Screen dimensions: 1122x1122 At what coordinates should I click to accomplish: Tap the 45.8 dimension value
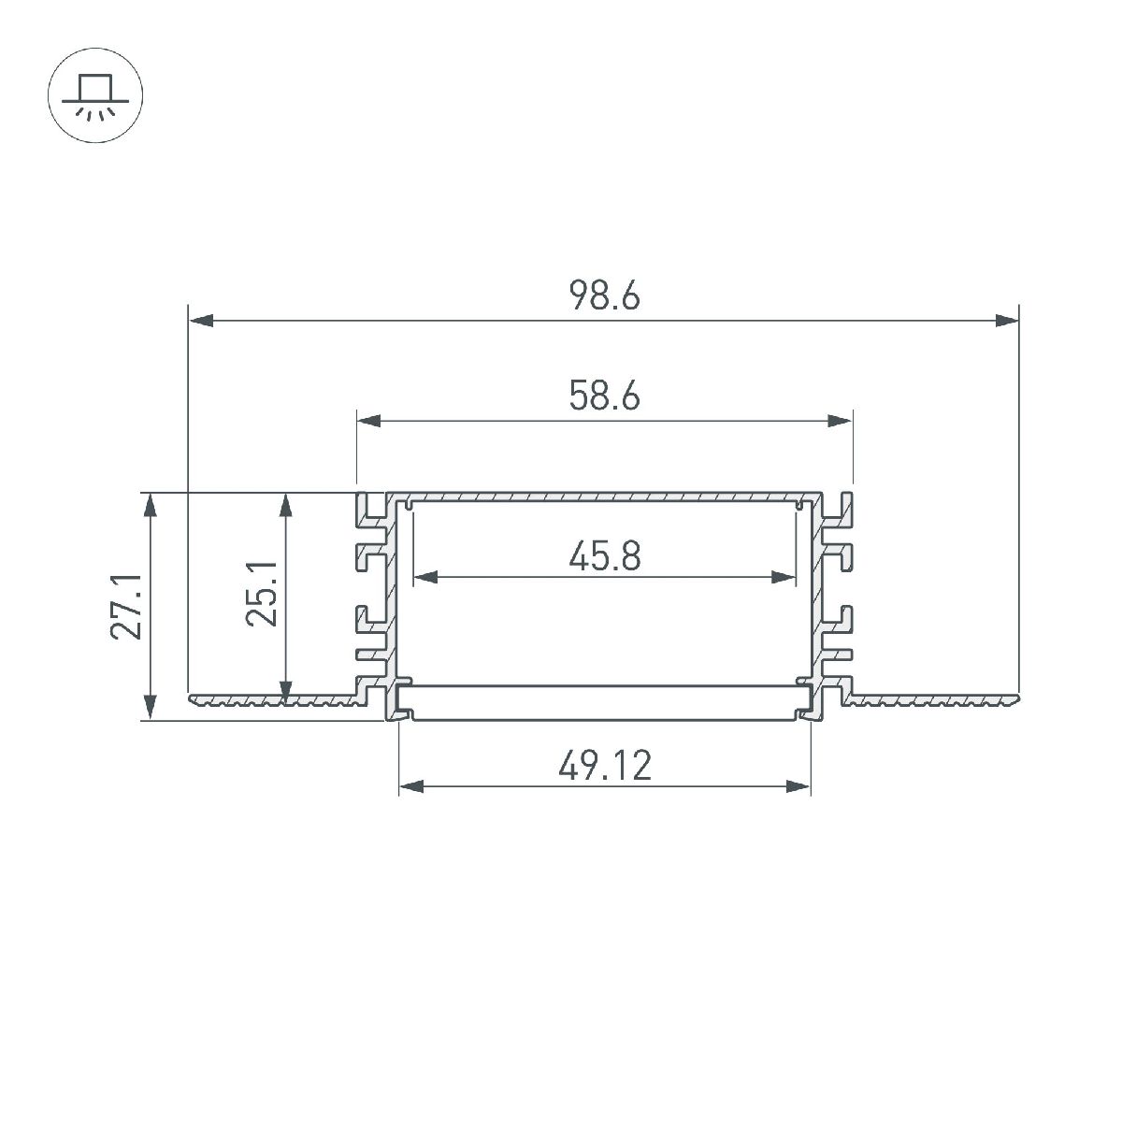604,557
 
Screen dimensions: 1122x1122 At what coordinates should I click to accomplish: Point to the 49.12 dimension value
604,767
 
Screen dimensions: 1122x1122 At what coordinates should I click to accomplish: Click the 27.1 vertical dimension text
125,608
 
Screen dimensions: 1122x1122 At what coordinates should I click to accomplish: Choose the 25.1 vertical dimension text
264,595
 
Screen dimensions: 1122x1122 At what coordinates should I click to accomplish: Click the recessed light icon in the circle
95,96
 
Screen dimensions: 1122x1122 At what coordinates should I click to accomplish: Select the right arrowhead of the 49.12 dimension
798,787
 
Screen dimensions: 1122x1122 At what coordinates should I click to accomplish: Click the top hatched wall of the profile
604,495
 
